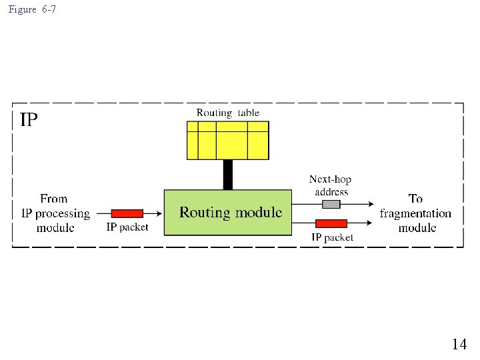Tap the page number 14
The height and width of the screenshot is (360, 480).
(x=459, y=344)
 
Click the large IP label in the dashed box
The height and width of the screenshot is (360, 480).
(x=29, y=120)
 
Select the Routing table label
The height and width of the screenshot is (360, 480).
(x=228, y=113)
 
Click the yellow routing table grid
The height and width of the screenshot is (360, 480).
(x=228, y=140)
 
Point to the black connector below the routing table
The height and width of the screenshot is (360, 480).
(x=228, y=175)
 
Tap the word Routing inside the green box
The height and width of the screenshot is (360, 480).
(x=205, y=213)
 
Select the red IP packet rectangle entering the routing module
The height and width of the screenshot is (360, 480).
(x=127, y=213)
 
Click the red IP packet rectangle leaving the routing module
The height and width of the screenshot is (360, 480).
(x=331, y=223)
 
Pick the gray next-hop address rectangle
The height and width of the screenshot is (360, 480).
(x=331, y=204)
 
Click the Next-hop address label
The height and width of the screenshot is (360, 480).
(x=330, y=185)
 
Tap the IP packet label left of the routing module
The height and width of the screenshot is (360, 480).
(x=127, y=227)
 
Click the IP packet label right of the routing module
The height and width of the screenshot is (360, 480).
(x=333, y=237)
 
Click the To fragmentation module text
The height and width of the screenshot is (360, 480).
(x=415, y=213)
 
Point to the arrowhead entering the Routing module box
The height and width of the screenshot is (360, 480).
(x=160, y=213)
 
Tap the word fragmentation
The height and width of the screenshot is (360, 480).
(x=415, y=213)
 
